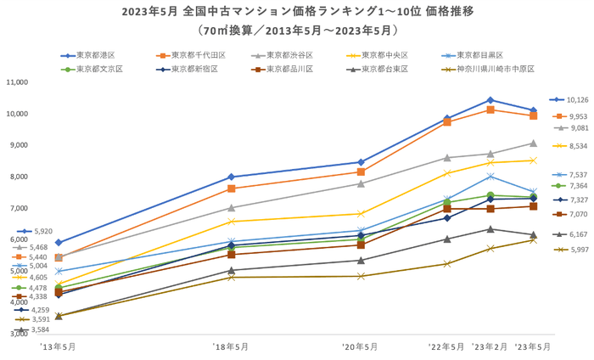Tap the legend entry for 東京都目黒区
pos(476,55)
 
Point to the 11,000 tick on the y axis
pos(18,82)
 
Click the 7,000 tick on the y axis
pos(18,208)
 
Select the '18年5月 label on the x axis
pos(230,346)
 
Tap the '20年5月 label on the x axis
pos(361,346)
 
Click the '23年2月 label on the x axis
pos(490,346)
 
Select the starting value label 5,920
pos(41,231)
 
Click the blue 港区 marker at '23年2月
pos(490,100)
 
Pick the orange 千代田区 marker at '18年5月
pos(231,188)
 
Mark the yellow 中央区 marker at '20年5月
pos(361,214)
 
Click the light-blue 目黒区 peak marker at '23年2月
pos(490,177)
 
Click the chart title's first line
pos(297,13)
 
